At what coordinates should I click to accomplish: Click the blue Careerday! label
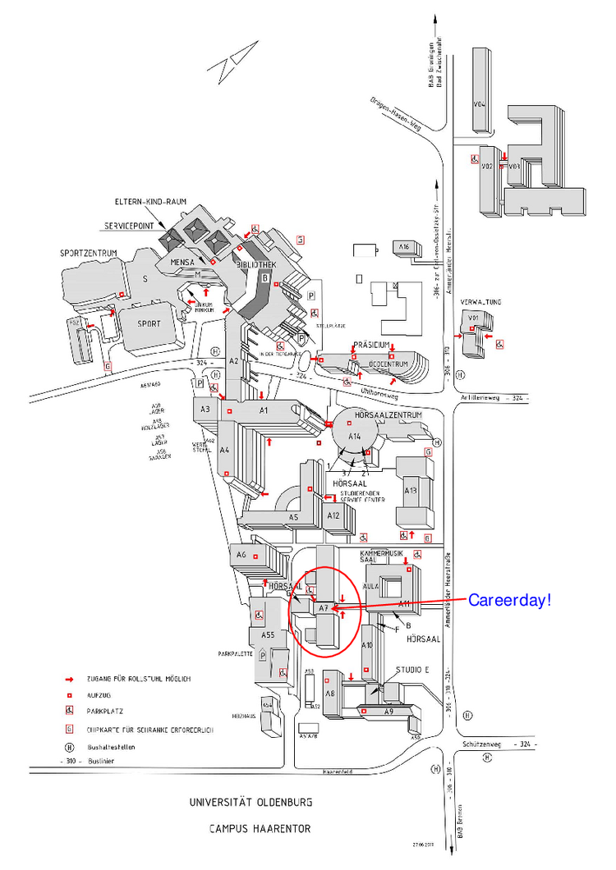tap(509, 600)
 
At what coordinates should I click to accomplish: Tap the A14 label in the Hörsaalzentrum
tap(355, 437)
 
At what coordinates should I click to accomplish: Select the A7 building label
tap(324, 608)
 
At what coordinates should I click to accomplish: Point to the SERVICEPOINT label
tap(129, 225)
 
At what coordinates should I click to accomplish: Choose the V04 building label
tap(480, 105)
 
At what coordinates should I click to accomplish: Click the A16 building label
tap(403, 246)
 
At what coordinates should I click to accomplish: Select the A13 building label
tap(411, 491)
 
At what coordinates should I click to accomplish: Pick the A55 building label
tap(268, 635)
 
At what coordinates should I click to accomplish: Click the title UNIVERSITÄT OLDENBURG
tap(250, 802)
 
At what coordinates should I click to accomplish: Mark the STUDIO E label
tap(412, 670)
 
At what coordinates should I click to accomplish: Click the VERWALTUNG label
tap(476, 302)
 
